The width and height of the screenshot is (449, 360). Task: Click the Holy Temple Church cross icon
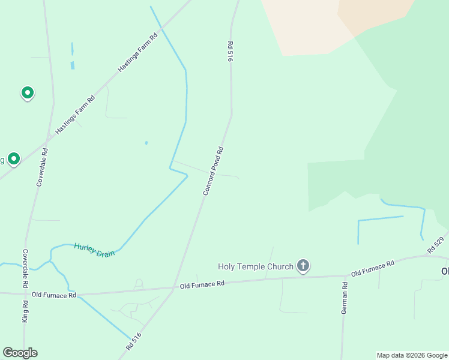[x=303, y=266]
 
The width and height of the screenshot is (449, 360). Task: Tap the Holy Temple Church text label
[x=255, y=266]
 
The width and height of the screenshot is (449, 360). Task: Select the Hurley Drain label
[x=94, y=250]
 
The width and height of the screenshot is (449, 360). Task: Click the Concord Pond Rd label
[x=213, y=172]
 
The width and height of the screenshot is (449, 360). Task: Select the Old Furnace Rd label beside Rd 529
[x=372, y=268]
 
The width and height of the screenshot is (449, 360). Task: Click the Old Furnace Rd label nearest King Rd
[x=54, y=295]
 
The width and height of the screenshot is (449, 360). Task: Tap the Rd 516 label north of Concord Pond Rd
[x=230, y=52]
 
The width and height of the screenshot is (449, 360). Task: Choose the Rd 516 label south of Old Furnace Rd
[x=133, y=341]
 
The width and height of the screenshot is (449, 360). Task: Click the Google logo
[x=20, y=353]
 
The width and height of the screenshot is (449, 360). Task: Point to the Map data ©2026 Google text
[x=412, y=355]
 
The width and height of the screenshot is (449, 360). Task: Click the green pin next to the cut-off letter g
[x=14, y=159]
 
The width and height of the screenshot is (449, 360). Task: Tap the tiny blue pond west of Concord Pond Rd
[x=146, y=143]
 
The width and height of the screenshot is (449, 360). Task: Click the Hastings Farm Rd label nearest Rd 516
[x=137, y=53]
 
